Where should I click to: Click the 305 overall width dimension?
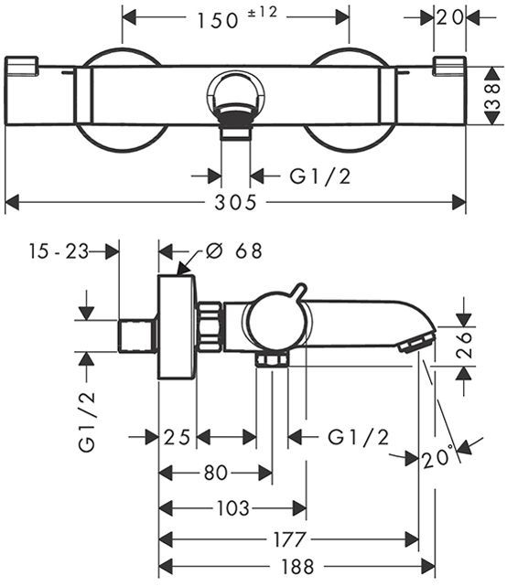[236, 203]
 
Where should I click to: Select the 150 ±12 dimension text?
[237, 18]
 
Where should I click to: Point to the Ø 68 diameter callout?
[234, 250]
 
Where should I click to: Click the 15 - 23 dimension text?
[59, 251]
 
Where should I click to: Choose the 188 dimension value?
[297, 567]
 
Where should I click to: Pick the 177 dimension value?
[290, 539]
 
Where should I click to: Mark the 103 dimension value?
[232, 508]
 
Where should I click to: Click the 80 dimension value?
[216, 473]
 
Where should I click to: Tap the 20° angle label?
[437, 456]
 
